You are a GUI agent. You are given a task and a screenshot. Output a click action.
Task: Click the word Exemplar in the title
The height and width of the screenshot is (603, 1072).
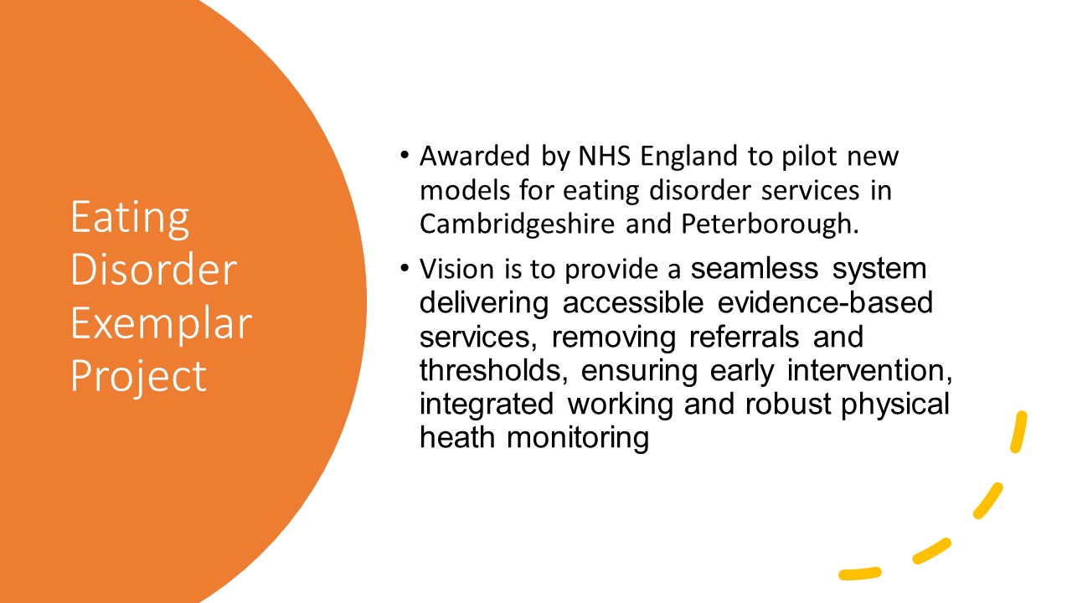click(162, 323)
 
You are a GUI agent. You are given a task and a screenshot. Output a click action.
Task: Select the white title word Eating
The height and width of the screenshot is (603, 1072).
click(130, 219)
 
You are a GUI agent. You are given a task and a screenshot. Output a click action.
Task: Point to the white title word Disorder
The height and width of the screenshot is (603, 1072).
click(153, 270)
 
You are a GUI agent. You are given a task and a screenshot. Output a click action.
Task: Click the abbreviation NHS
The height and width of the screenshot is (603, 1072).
click(605, 156)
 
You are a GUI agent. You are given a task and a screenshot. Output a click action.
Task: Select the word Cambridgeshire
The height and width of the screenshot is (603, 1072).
click(517, 224)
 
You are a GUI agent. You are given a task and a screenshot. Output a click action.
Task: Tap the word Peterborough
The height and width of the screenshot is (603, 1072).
click(770, 224)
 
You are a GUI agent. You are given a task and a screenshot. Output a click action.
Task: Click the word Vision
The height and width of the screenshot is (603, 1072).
click(456, 269)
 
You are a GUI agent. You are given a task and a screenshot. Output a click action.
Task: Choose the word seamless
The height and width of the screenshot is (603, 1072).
click(755, 268)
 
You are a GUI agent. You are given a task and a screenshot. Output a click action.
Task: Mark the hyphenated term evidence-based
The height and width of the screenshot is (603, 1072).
click(825, 302)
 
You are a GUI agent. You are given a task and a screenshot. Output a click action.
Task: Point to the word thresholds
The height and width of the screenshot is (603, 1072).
click(494, 370)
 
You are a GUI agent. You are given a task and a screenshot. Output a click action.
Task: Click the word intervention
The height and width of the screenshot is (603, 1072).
click(869, 370)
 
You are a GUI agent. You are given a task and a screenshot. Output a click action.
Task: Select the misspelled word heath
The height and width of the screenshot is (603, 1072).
click(457, 437)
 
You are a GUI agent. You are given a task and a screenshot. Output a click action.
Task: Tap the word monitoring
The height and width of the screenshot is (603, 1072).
click(578, 438)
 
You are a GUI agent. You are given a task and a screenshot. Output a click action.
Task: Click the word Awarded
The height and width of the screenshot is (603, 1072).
click(475, 156)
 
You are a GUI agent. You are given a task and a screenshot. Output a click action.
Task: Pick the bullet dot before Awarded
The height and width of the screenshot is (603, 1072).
click(405, 155)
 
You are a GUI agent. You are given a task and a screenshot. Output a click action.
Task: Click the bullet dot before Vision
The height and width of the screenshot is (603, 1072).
click(405, 267)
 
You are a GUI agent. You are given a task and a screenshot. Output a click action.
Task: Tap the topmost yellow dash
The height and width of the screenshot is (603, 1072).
click(1018, 431)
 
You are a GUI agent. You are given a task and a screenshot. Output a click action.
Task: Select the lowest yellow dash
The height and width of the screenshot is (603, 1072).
click(859, 574)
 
